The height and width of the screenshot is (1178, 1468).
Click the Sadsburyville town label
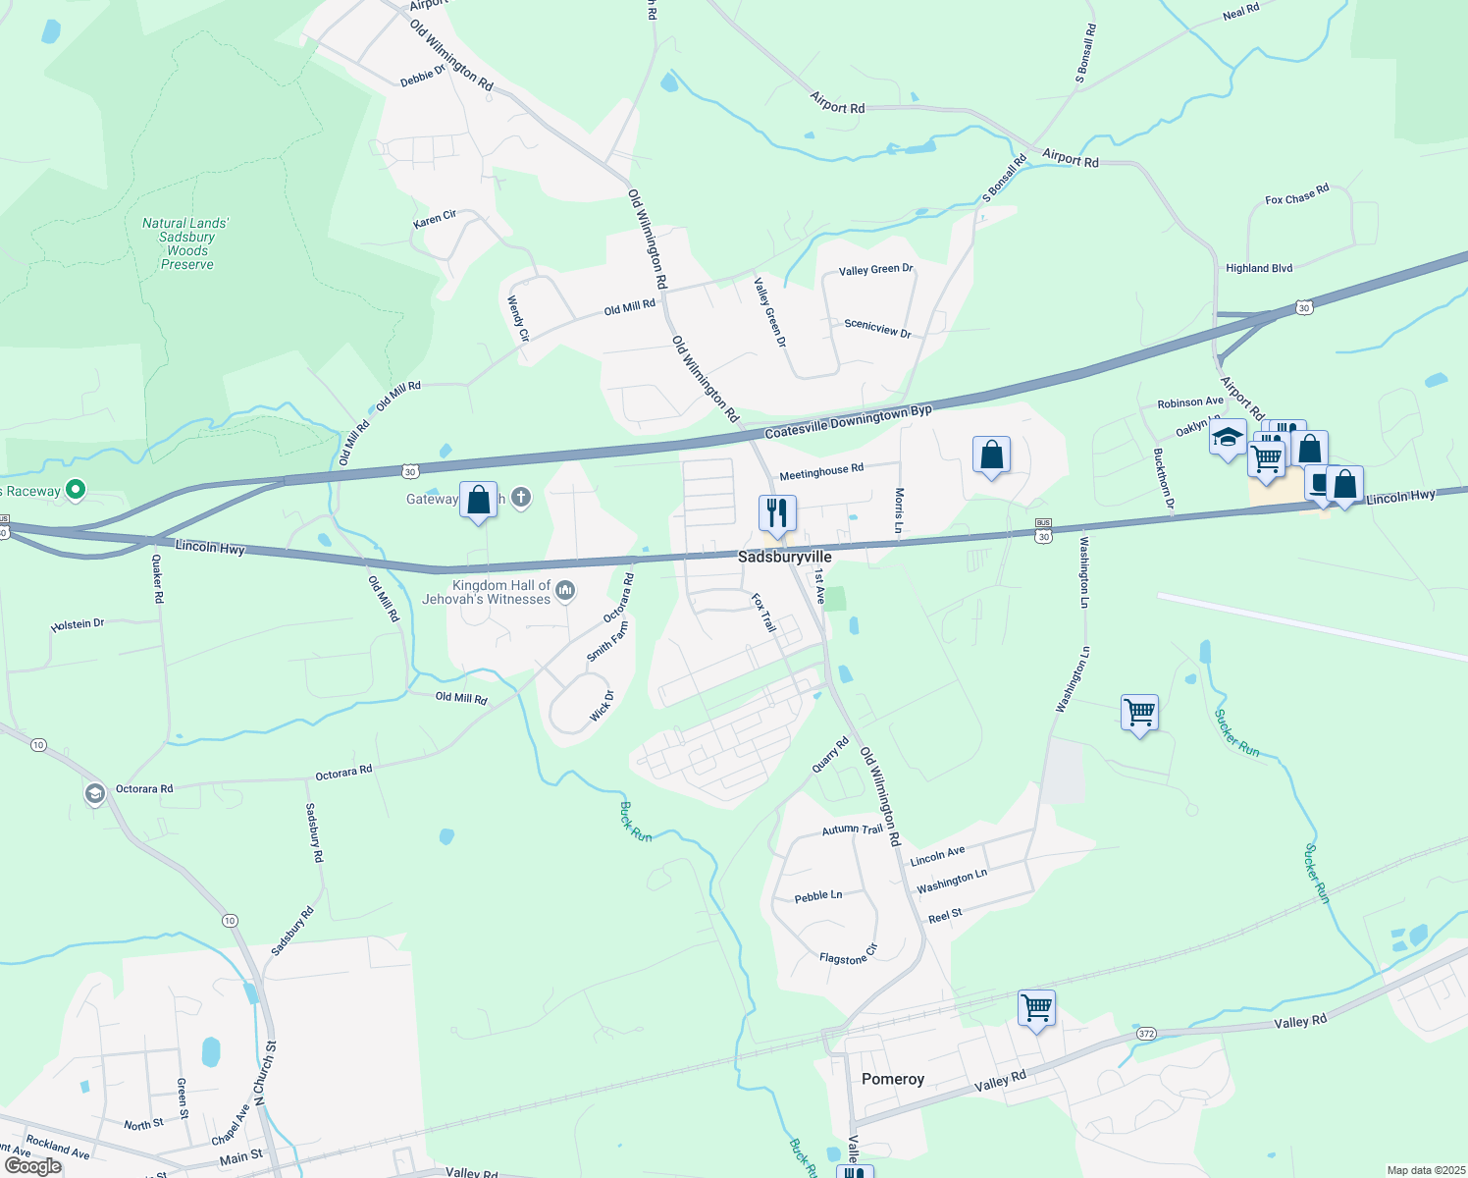coord(784,557)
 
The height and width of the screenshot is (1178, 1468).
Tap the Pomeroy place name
coord(892,1079)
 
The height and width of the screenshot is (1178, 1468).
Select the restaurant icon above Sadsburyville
coord(776,512)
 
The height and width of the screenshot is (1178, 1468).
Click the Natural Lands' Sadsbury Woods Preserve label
coord(186,243)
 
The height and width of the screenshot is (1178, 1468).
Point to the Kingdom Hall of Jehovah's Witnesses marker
coord(564,591)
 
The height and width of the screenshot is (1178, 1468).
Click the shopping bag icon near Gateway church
coord(478,500)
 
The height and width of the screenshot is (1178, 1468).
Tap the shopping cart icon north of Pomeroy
coord(1036,1007)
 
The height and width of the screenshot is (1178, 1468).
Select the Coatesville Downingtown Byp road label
coord(848,422)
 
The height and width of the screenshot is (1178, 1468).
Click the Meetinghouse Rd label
coord(821,472)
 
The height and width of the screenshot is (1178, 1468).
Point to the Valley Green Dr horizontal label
coord(875,269)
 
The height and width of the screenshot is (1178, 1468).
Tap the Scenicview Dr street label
coord(877,328)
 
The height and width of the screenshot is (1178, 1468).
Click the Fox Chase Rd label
coord(1296,193)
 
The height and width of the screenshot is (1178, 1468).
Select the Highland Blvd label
coord(1259,268)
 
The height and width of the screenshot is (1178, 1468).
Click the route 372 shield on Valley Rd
coord(1146,1034)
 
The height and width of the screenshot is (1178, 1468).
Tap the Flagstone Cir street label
coord(848,954)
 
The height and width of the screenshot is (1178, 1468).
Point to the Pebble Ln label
coord(817,896)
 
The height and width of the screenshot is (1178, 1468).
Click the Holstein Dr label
coord(78,624)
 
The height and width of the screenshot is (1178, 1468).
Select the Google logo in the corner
coord(33,1166)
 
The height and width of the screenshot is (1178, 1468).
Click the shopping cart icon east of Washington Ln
coord(1139,713)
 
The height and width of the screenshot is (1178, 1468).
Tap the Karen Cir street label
coord(435,219)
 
